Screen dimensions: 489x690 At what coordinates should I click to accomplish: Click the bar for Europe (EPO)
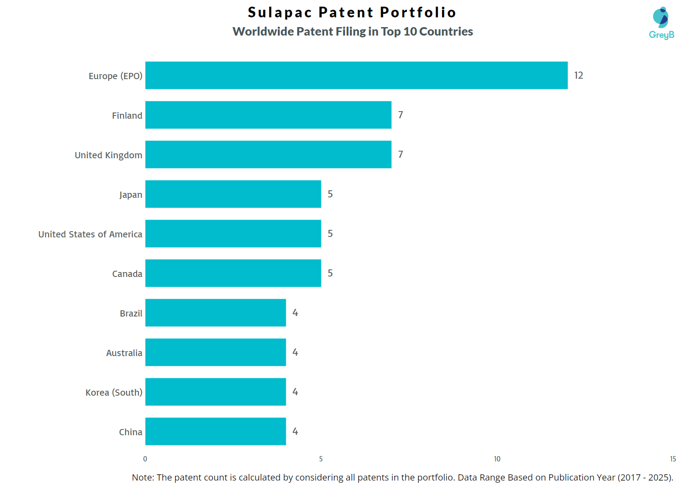click(356, 75)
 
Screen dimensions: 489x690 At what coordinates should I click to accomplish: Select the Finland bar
click(268, 115)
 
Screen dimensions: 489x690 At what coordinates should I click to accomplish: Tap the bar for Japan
click(233, 194)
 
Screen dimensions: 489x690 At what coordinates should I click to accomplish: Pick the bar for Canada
click(233, 273)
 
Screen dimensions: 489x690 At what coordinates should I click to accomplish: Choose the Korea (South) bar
click(215, 392)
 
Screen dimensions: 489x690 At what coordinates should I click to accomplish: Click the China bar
click(215, 431)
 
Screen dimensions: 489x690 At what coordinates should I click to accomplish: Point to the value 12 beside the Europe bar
click(578, 75)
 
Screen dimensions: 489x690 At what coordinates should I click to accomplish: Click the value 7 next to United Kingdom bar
click(401, 154)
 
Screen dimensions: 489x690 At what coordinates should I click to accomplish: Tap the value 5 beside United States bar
click(330, 233)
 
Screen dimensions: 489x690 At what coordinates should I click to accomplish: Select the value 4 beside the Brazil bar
click(295, 313)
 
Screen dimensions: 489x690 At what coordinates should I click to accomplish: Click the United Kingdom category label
click(108, 155)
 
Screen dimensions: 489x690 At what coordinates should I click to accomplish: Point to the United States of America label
click(90, 234)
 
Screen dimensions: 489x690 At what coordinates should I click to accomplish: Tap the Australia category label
click(124, 353)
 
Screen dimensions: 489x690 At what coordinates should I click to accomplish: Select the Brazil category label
click(131, 313)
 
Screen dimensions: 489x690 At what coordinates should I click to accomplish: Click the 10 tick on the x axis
click(497, 459)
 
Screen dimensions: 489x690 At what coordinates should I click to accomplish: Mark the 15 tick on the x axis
click(673, 459)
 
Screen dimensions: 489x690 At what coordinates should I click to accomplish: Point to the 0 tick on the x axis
click(145, 459)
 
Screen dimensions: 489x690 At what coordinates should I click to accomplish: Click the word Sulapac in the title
click(280, 12)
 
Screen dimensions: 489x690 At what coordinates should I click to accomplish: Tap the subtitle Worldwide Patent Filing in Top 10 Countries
click(353, 32)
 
